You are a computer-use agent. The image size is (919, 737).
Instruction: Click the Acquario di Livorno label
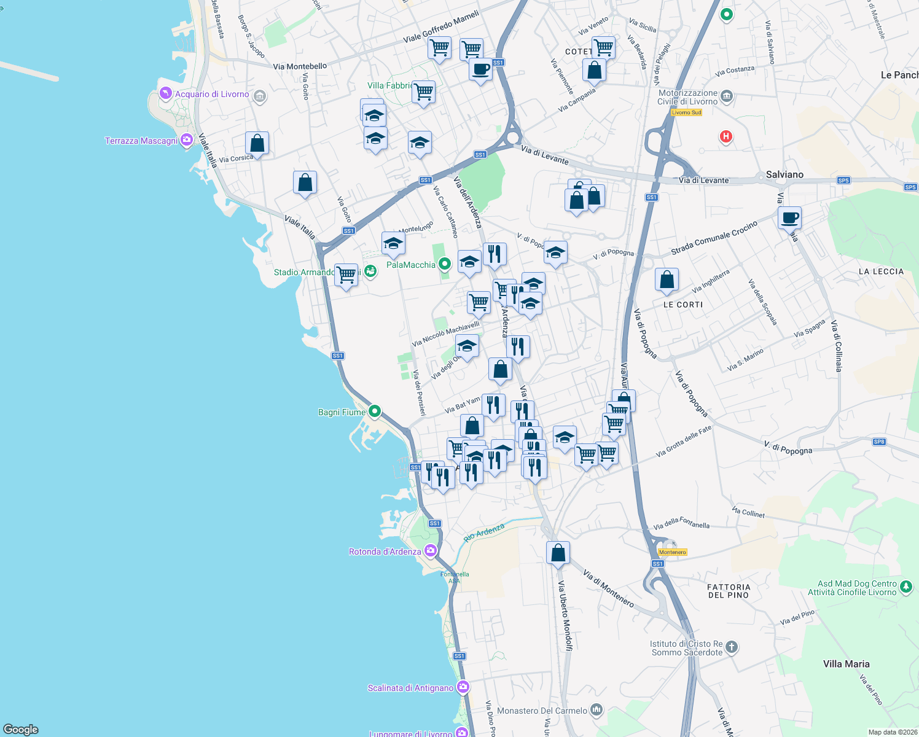click(212, 94)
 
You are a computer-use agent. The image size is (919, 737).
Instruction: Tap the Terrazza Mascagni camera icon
click(186, 141)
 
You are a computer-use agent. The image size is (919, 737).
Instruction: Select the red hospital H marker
click(725, 136)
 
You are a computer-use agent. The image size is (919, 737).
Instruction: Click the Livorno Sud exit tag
click(686, 112)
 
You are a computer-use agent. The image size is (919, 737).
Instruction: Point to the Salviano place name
click(784, 174)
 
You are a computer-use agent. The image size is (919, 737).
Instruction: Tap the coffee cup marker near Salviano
click(789, 218)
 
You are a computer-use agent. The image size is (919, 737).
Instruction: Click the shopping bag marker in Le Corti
click(667, 280)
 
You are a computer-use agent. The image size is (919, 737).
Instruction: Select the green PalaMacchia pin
click(445, 264)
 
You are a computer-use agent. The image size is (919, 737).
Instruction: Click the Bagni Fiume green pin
click(375, 411)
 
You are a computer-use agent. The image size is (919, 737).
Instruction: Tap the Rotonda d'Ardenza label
click(385, 552)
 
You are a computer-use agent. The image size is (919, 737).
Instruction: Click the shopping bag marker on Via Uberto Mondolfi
click(558, 553)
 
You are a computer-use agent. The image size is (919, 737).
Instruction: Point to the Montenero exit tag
click(673, 552)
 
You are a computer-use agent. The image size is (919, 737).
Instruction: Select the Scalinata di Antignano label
click(410, 688)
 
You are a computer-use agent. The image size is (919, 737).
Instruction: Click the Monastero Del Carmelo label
click(542, 711)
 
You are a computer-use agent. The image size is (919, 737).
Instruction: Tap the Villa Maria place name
click(846, 664)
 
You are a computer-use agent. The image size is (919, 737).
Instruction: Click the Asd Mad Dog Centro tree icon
click(906, 588)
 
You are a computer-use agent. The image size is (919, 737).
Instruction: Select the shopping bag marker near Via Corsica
click(257, 144)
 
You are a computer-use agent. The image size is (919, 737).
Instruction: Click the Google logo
click(21, 729)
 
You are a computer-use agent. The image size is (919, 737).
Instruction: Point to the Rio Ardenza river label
click(484, 532)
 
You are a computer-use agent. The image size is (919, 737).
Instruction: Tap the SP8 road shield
click(879, 442)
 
